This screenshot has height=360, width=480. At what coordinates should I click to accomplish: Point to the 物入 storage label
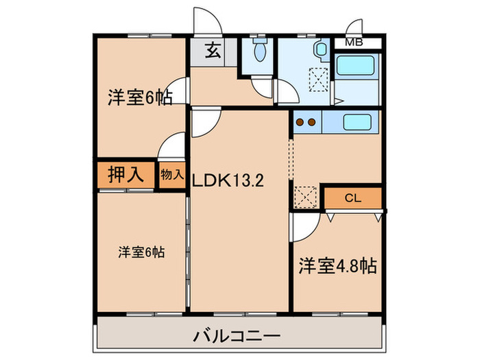[x=171, y=175]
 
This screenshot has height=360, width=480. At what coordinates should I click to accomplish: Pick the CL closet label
[x=352, y=198]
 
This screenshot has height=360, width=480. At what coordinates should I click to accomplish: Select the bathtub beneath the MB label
[x=357, y=66]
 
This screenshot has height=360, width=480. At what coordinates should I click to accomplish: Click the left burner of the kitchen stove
[x=300, y=123]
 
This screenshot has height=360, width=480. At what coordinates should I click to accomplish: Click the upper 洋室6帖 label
[x=139, y=98]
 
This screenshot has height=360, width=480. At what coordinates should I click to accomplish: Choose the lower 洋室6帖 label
[x=141, y=252]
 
